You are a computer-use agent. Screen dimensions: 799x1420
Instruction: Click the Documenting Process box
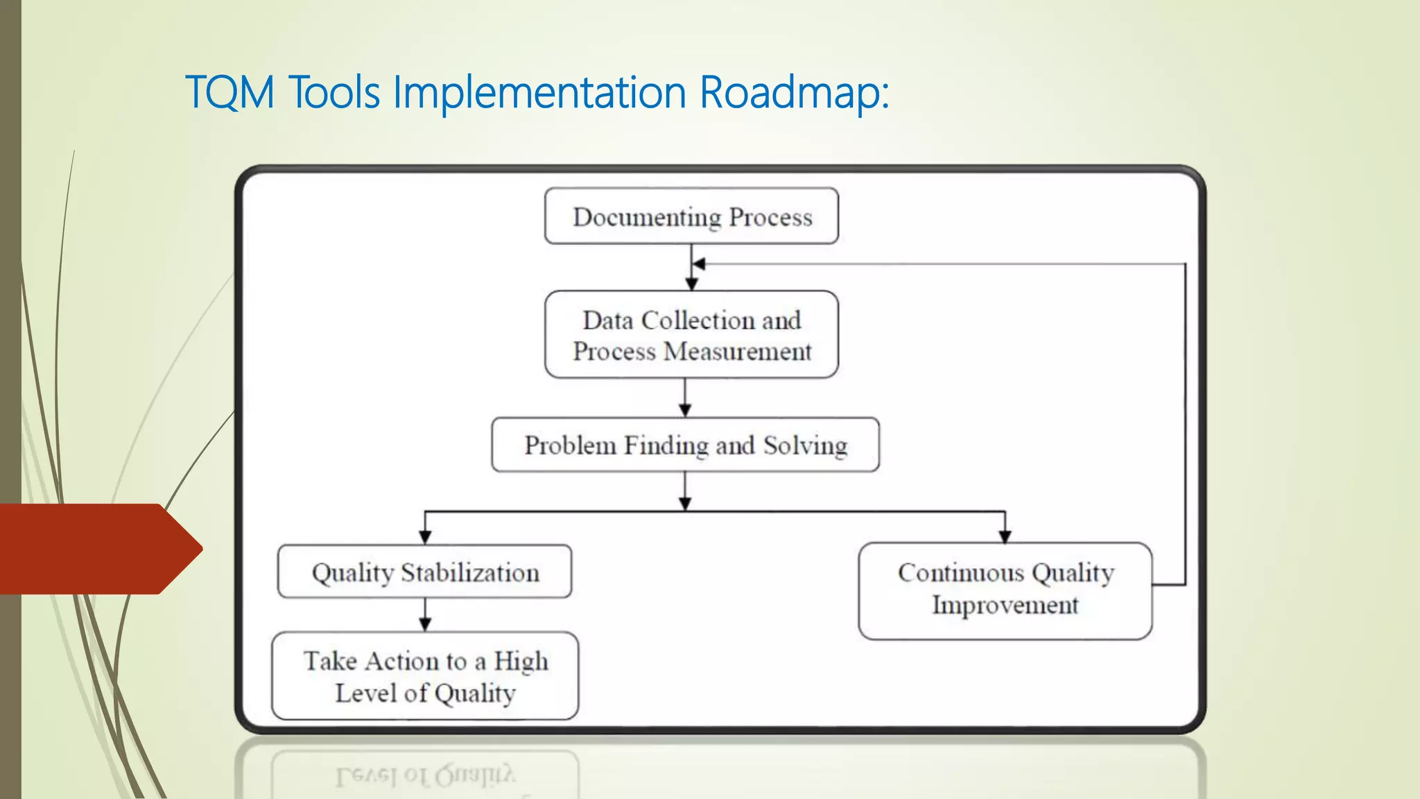click(691, 216)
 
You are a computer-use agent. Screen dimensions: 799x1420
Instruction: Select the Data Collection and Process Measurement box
click(691, 335)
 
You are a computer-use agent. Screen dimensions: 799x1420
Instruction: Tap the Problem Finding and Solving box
click(685, 445)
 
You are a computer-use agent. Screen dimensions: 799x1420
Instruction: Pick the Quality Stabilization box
click(424, 572)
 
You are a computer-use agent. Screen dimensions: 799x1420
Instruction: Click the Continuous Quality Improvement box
click(1005, 590)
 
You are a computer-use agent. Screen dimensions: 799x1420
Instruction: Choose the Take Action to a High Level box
click(424, 676)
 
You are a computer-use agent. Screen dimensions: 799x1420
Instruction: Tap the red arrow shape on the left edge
click(97, 549)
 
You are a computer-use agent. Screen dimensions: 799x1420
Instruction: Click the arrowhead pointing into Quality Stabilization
click(425, 538)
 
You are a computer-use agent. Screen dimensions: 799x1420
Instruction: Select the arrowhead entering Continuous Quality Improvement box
click(1005, 536)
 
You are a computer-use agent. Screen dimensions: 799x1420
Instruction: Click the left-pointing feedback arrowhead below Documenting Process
click(699, 264)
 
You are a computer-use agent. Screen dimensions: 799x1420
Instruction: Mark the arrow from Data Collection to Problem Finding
click(685, 399)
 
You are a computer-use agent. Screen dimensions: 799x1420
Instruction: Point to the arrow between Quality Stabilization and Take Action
click(425, 615)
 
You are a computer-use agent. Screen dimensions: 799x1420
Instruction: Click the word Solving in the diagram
click(806, 445)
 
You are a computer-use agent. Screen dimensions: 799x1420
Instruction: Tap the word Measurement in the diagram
click(738, 352)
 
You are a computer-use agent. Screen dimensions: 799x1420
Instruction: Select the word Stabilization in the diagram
click(470, 573)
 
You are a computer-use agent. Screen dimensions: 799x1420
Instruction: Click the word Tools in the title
click(334, 92)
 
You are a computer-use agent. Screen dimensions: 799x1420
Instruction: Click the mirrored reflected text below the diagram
click(425, 775)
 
